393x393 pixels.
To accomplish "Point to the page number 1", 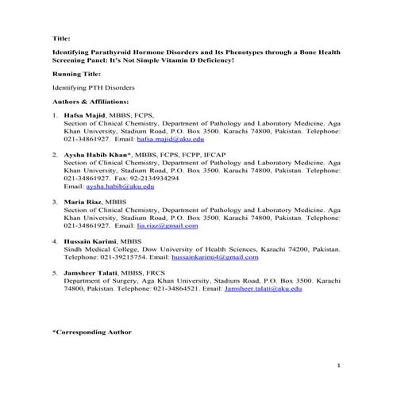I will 338,366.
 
